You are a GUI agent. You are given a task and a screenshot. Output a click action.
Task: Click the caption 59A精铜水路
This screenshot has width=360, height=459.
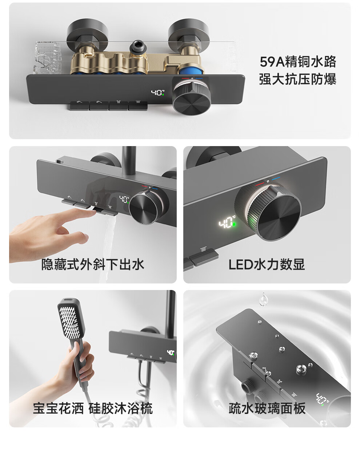[x=298, y=62]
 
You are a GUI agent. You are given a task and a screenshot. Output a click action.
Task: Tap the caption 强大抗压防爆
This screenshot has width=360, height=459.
[x=298, y=79]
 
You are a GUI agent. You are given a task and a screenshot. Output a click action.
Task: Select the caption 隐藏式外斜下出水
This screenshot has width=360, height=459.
[x=92, y=264]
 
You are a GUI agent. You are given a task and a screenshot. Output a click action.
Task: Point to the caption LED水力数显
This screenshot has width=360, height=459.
[x=267, y=264]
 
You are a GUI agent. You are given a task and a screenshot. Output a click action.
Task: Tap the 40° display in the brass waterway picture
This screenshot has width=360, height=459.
[x=157, y=93]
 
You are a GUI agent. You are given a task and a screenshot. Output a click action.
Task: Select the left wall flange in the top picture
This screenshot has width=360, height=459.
[x=87, y=35]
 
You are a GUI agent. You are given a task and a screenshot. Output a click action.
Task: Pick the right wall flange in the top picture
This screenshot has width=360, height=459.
[x=188, y=35]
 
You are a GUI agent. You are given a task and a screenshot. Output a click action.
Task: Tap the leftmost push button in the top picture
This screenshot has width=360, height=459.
[x=80, y=105]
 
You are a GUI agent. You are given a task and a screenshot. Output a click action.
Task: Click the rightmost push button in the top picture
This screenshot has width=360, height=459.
[x=138, y=105]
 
